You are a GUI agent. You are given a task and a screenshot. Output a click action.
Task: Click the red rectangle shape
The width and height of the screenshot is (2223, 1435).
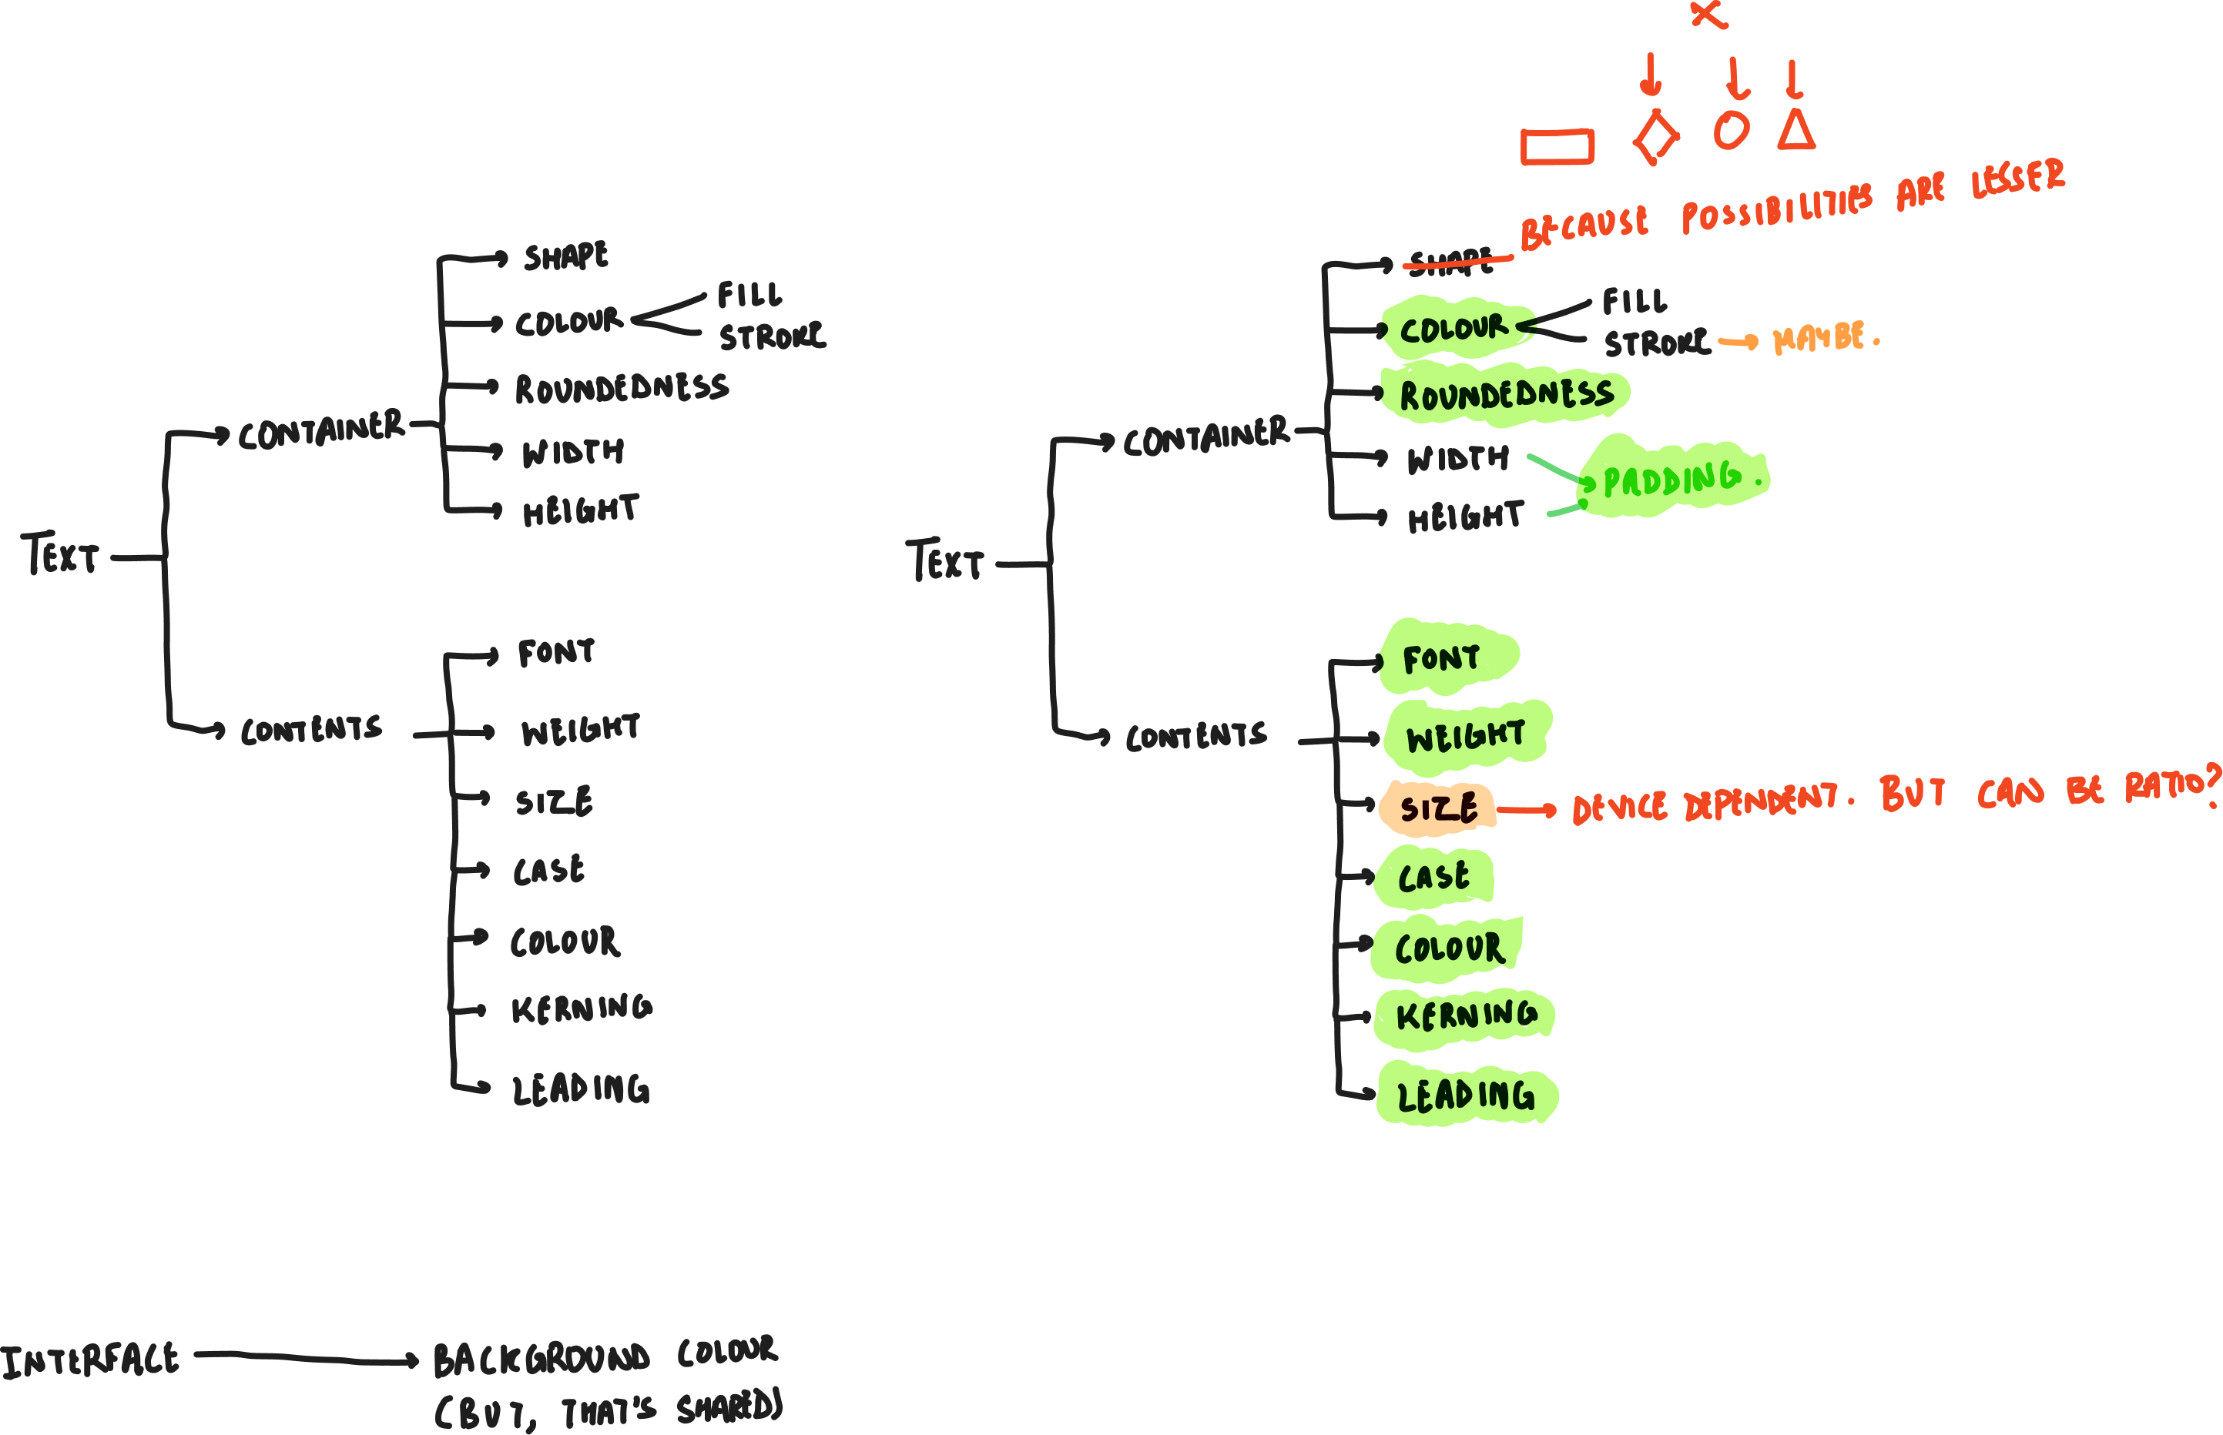1557,147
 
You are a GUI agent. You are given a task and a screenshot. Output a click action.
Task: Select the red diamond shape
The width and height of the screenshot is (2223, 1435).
1656,138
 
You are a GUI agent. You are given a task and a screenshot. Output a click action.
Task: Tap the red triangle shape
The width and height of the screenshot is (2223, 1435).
1796,132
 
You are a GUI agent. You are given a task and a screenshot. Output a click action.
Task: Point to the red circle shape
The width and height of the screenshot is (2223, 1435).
1731,130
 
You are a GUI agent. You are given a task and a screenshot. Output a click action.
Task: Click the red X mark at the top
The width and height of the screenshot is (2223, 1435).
1708,13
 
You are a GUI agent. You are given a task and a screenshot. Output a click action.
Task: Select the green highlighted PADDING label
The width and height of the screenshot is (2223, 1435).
1673,479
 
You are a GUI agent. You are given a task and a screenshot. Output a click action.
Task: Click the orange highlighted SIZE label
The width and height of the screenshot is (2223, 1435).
1438,807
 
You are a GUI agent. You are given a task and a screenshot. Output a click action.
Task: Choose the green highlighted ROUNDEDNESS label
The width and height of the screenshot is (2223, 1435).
1505,394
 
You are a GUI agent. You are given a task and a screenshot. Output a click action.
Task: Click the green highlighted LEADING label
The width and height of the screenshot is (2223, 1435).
1465,1095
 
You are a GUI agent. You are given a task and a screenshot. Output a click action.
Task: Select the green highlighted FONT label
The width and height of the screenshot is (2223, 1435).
1443,658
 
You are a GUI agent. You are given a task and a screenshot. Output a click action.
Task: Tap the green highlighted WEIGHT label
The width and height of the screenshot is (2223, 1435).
1465,736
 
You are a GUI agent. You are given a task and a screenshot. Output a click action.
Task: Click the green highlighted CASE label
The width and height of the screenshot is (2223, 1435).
1433,877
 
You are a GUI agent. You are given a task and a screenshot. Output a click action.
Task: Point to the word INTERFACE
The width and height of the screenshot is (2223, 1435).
90,1360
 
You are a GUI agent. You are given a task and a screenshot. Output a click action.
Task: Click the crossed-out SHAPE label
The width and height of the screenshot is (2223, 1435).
1451,262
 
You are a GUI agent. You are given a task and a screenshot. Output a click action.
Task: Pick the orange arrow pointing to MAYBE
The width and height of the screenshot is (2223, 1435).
1738,343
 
